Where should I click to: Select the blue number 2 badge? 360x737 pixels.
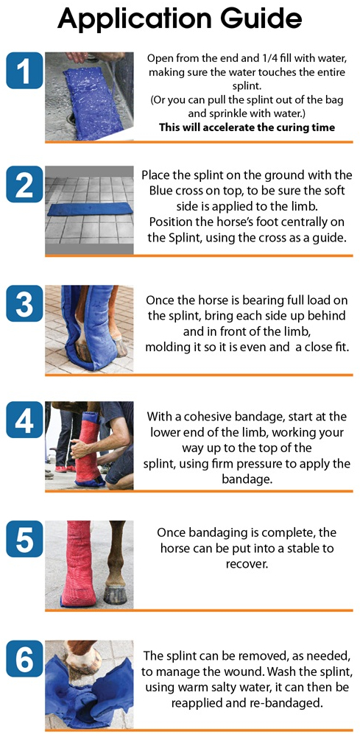tap(24, 186)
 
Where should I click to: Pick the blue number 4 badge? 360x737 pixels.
tap(24, 420)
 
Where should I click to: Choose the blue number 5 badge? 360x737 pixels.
tap(24, 538)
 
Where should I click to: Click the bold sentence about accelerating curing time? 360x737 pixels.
tap(247, 127)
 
